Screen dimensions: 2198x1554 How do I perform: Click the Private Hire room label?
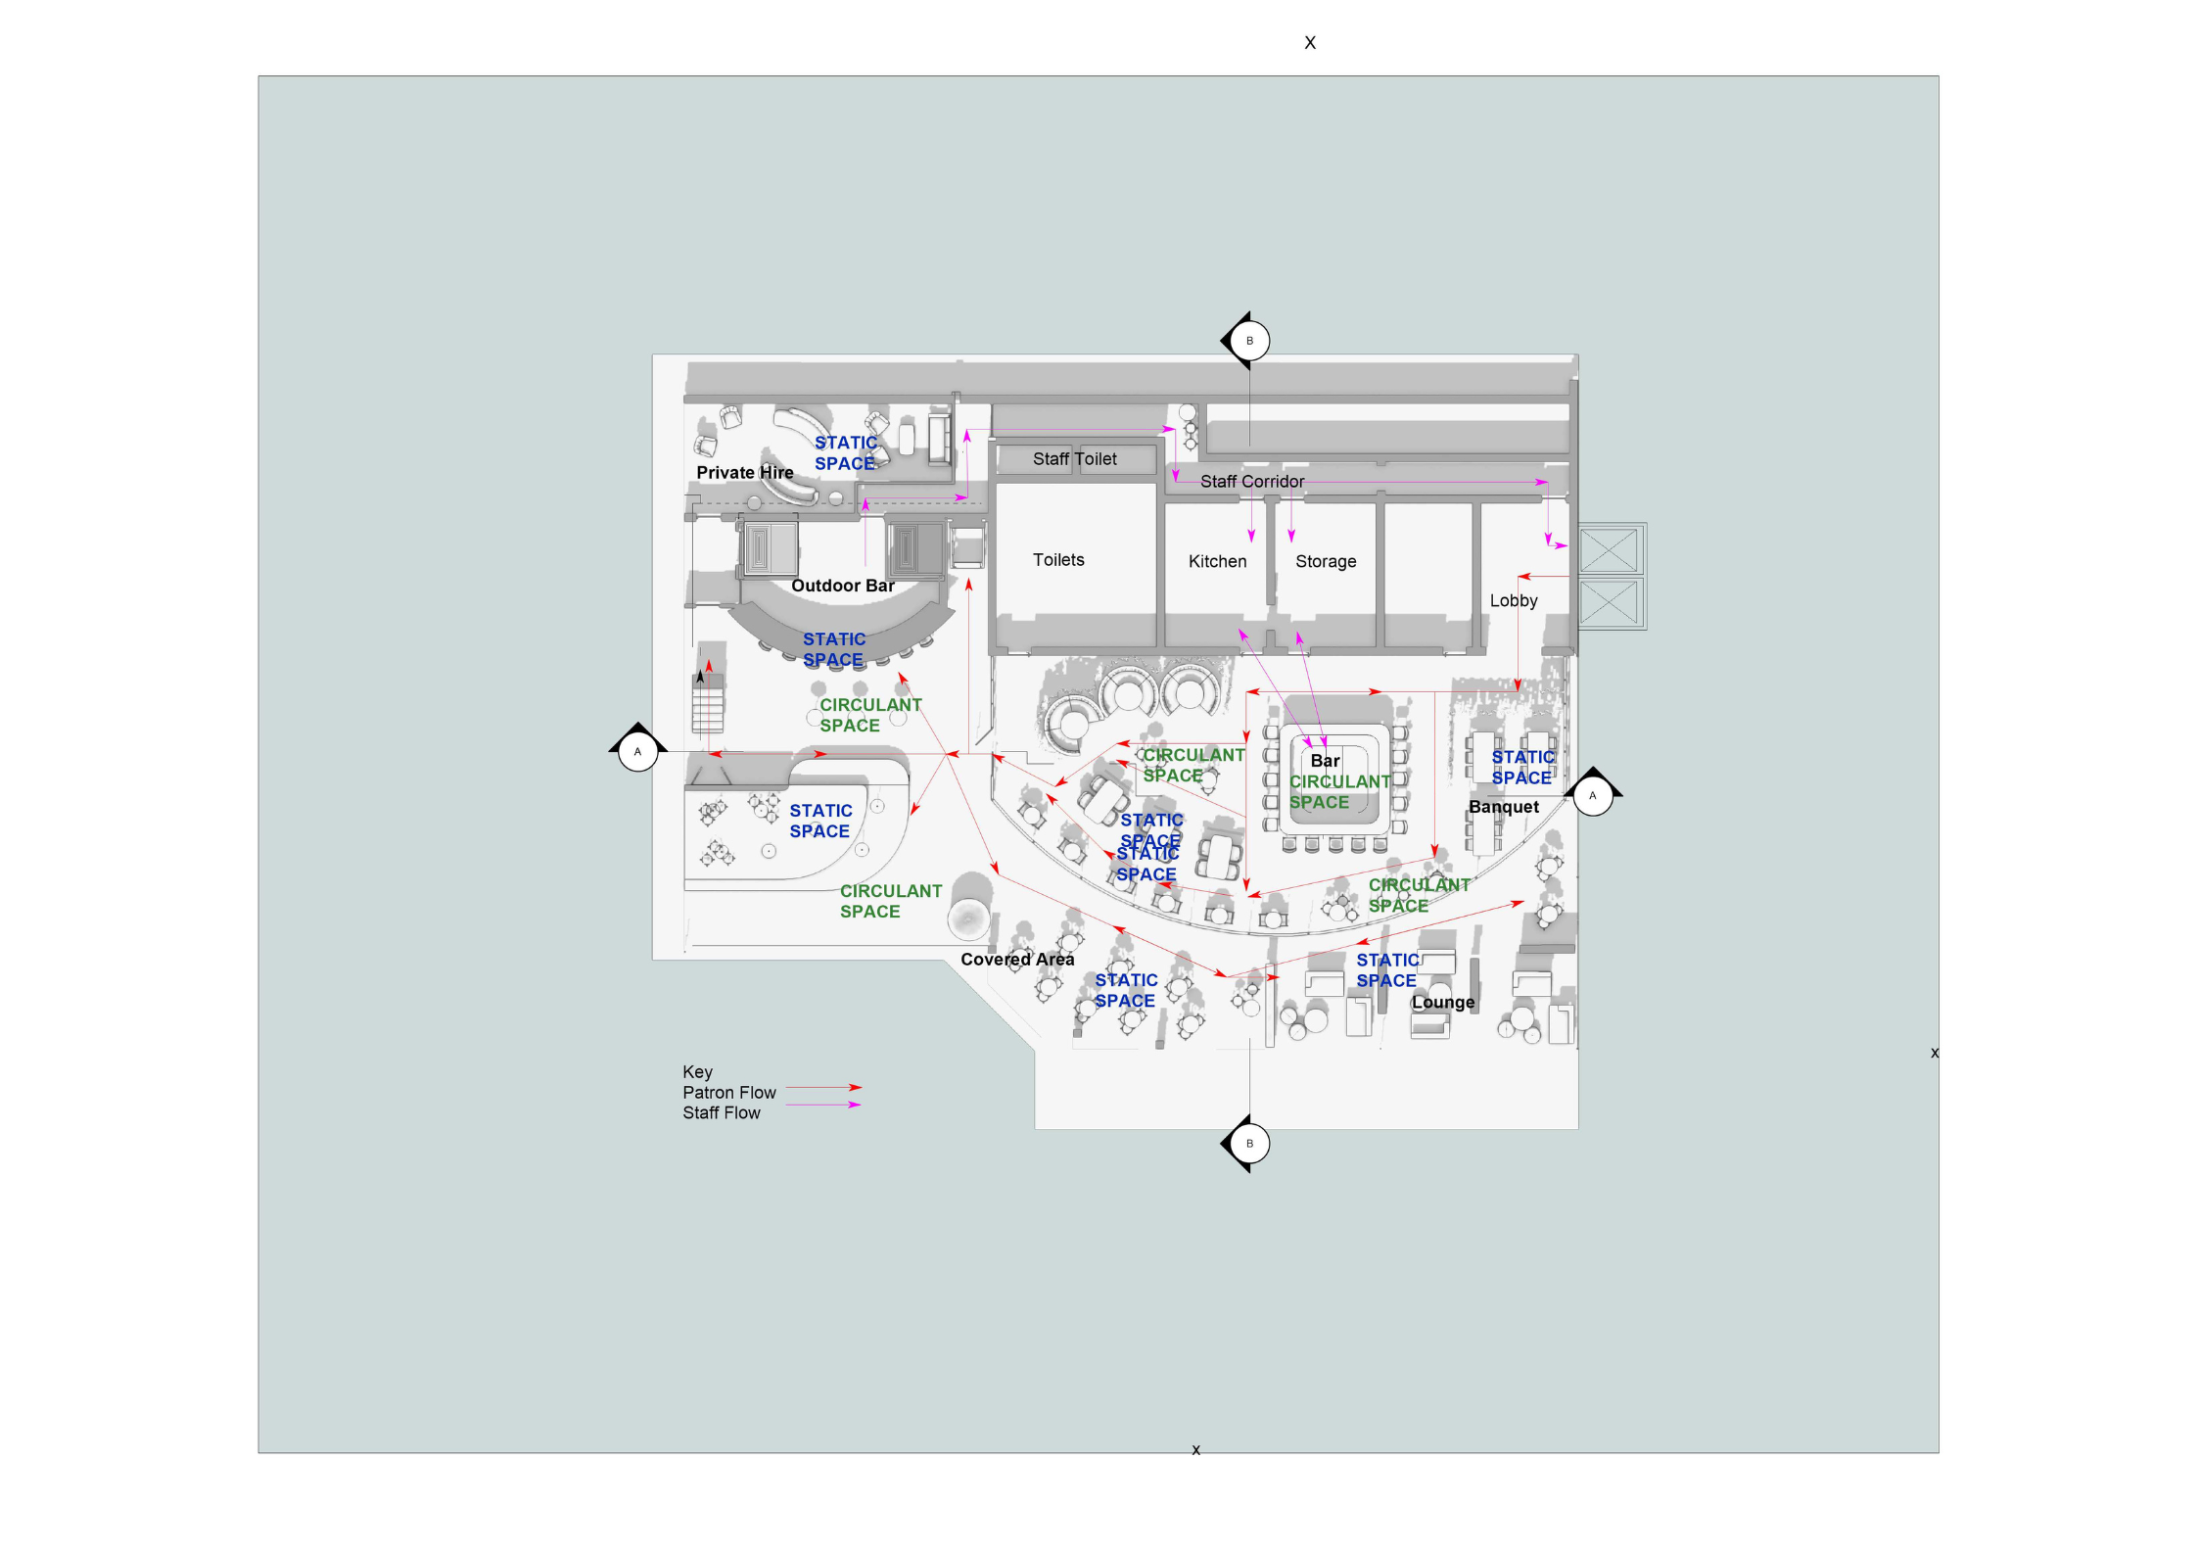[744, 472]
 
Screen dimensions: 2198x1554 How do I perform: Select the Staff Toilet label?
[1074, 458]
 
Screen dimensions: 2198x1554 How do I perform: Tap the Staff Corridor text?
[1251, 481]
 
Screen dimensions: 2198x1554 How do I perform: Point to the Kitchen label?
[1217, 561]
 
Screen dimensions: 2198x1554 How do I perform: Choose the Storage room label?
[1325, 561]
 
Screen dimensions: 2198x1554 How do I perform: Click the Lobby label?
[1513, 600]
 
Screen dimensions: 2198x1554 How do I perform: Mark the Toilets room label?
[1057, 559]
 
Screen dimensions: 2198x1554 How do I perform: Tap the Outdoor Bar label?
[842, 586]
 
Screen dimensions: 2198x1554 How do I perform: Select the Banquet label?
[1503, 807]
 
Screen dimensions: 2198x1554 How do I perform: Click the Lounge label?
[1442, 1002]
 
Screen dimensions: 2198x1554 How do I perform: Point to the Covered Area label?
[1016, 960]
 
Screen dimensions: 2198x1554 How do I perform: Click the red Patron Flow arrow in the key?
[823, 1087]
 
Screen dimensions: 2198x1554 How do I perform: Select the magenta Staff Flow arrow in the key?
[823, 1105]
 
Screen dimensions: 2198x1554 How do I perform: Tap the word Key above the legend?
[697, 1071]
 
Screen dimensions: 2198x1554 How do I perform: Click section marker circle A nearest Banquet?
[1592, 795]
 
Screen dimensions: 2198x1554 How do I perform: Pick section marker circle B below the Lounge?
[1248, 1143]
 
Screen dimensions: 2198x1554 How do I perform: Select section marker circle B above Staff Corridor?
[1248, 341]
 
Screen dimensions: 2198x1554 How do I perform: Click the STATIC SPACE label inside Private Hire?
[845, 453]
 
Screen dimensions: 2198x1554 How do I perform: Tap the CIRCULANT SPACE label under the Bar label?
[1338, 791]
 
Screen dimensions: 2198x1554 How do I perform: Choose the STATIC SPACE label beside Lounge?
[1386, 970]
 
